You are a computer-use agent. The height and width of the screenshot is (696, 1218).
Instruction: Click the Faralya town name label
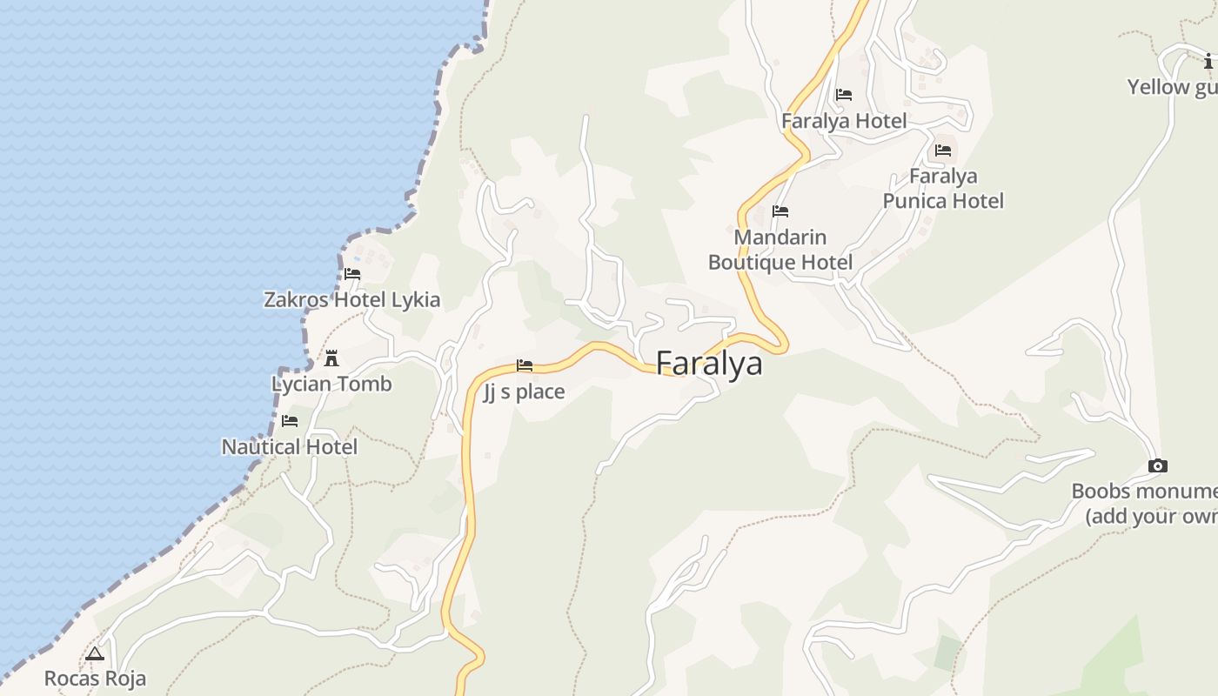709,364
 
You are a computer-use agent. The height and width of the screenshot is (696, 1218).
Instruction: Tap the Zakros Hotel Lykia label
351,299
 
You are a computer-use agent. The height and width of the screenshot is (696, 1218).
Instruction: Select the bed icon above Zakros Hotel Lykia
352,273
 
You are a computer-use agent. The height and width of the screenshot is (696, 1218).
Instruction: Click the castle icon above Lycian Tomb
331,358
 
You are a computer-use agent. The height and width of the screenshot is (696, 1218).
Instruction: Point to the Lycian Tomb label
331,384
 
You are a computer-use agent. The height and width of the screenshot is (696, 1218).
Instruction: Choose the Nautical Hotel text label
290,446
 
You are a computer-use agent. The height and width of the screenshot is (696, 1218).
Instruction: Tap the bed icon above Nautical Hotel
290,421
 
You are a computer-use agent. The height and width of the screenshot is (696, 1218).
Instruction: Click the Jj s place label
524,391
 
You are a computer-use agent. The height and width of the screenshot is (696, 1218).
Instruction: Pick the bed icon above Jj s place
525,365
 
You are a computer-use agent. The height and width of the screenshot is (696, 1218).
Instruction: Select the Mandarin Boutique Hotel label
780,250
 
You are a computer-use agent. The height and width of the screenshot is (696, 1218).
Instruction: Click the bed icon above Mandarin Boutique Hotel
780,211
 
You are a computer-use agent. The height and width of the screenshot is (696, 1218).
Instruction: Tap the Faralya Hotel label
844,121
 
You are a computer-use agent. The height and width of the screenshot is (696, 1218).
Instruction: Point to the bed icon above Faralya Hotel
844,95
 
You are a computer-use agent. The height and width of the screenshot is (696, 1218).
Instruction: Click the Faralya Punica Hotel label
943,188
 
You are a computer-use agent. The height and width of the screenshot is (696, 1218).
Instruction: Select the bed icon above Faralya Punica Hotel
943,151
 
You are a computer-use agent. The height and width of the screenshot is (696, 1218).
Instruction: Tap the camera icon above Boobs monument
1157,466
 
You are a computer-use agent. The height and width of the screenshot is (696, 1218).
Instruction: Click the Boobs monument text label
1144,503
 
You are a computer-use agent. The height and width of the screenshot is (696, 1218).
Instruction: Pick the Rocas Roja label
95,678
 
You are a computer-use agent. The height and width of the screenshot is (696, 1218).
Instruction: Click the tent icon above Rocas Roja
95,653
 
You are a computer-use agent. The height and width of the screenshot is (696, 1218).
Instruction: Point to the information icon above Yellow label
1208,61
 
